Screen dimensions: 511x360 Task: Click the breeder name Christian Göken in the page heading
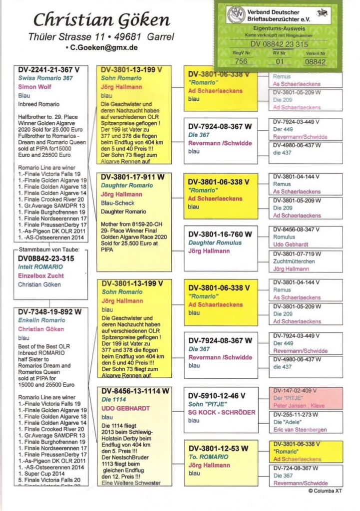point(101,20)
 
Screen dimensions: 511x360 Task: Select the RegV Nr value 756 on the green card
point(241,61)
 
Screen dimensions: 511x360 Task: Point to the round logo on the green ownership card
point(236,14)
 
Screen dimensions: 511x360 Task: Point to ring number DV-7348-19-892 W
point(50,311)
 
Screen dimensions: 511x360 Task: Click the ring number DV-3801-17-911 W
point(132,177)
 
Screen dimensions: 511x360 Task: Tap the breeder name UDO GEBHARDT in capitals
point(125,408)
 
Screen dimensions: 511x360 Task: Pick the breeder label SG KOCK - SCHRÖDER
point(222,412)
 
